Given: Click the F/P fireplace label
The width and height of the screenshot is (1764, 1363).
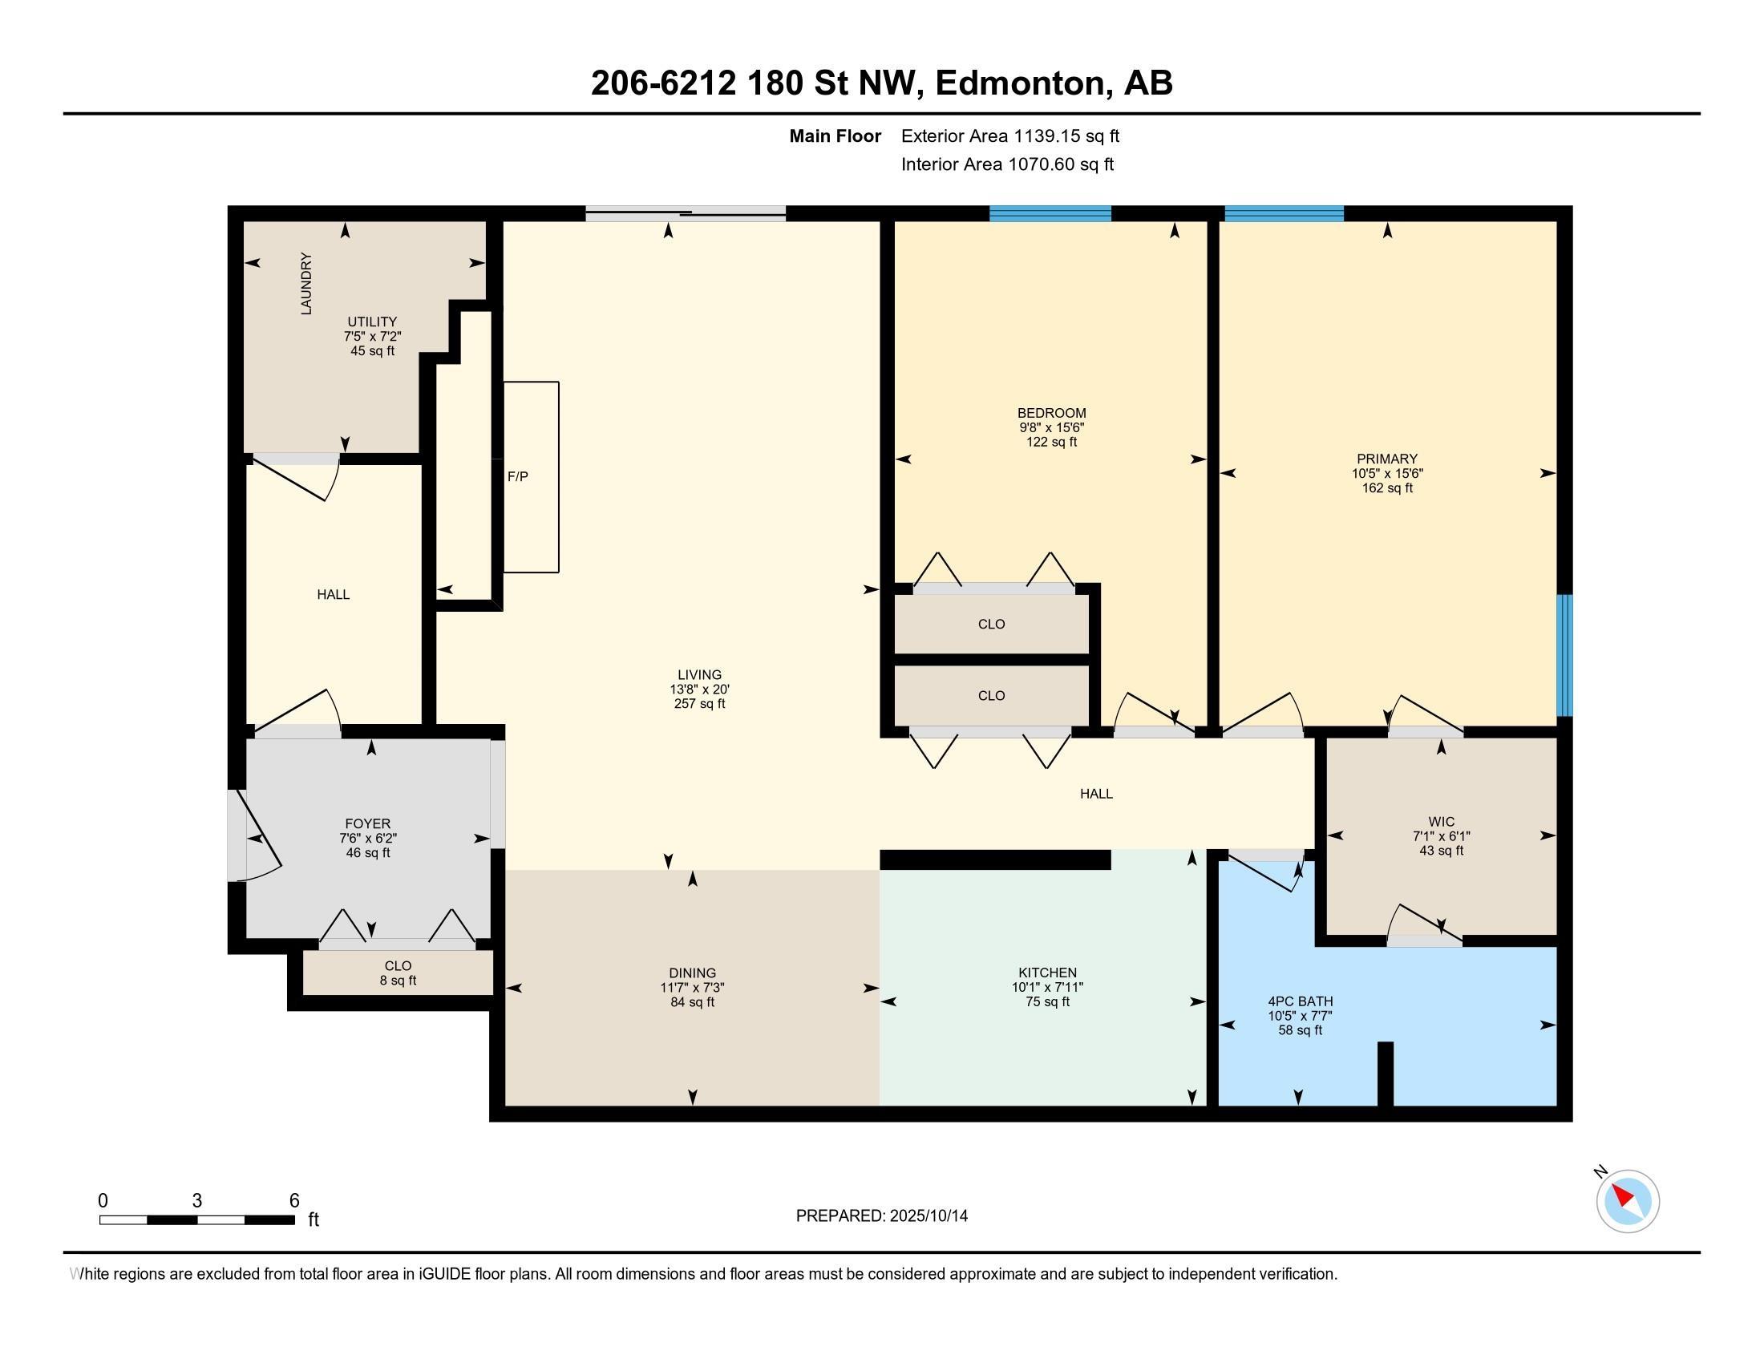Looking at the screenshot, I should coord(518,477).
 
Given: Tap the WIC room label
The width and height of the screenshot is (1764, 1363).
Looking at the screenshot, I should coord(1441,822).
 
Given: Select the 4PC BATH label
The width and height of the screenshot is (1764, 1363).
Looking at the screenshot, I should coord(1300,1001).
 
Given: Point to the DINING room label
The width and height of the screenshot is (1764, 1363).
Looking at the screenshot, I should coord(692,973).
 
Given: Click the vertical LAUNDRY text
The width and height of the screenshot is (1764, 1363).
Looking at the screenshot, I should coord(306,283).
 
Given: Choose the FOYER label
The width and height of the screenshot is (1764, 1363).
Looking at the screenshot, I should coord(367,823).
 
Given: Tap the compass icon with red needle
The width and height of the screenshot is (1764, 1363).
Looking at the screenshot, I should coord(1627,1201).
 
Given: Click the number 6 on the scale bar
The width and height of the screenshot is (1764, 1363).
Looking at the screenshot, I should coord(294,1201).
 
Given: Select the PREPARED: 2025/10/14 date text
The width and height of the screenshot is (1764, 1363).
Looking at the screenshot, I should coord(881,1216).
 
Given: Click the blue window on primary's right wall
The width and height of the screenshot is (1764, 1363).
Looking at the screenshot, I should coord(1564,655).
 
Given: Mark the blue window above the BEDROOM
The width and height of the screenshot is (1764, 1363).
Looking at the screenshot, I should coord(1050,214).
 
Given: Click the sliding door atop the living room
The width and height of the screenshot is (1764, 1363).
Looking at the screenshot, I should coord(685,214).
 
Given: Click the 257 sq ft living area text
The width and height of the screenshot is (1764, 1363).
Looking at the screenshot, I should coord(699,703).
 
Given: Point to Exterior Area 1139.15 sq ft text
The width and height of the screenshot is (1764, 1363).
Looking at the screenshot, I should coord(1009,135).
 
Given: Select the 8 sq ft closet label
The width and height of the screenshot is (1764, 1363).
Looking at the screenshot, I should coord(399,981).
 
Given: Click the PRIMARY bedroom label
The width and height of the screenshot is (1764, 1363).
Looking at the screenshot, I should coord(1387,459).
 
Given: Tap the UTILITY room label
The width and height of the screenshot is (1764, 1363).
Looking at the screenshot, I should coord(372,322).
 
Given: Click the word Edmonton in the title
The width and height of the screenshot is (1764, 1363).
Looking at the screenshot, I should coord(1020,83).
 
